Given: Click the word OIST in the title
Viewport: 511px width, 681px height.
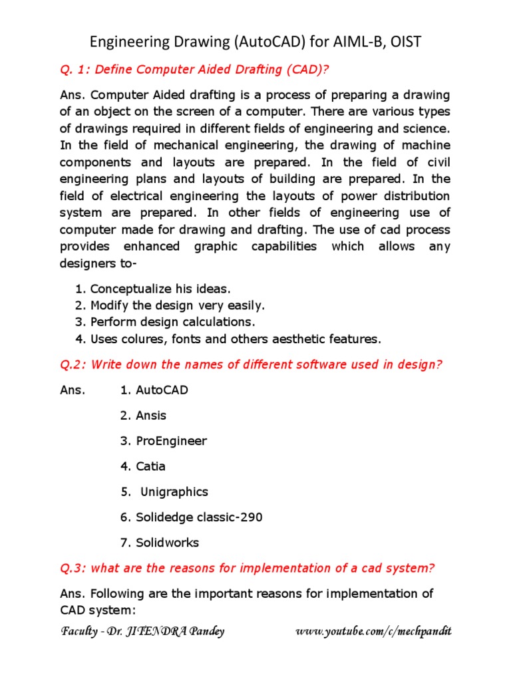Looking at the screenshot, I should click(401, 42).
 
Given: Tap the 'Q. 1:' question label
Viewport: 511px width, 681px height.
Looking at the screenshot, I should click(75, 69).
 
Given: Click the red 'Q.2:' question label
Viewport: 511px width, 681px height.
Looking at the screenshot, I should click(73, 364).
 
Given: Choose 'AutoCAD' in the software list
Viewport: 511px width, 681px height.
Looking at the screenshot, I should click(162, 390).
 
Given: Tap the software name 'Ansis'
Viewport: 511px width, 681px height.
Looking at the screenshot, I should click(151, 416).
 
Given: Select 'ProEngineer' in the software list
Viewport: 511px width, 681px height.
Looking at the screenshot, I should click(171, 441).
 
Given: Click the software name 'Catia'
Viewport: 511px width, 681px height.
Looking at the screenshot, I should click(151, 466).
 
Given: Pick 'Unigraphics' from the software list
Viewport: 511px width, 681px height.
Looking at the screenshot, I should click(174, 492).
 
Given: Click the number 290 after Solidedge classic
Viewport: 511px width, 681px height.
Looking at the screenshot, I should click(251, 517).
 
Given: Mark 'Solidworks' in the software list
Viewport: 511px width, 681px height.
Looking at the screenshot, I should click(167, 543).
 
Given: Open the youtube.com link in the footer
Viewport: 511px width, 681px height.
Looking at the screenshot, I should click(373, 632).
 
